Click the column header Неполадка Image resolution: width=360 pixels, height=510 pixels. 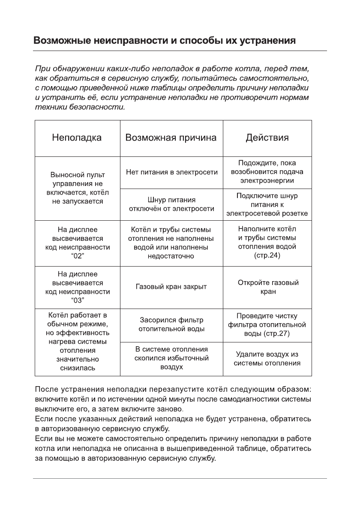click(x=77, y=138)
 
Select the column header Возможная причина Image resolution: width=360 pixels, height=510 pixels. click(x=171, y=138)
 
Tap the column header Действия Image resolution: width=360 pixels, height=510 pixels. click(x=267, y=138)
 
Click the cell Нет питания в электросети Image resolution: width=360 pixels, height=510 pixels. click(x=171, y=172)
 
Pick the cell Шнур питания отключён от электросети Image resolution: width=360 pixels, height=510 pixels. click(x=171, y=204)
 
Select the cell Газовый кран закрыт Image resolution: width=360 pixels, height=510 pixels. click(x=171, y=287)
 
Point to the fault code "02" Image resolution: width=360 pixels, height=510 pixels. click(x=78, y=256)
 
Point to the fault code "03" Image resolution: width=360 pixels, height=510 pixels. click(x=78, y=300)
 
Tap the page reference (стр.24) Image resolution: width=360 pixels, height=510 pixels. click(x=267, y=256)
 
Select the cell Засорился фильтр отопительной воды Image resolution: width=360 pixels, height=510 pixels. click(x=171, y=324)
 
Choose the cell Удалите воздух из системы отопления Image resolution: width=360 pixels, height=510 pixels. click(x=267, y=359)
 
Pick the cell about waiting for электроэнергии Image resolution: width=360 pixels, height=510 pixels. click(x=267, y=172)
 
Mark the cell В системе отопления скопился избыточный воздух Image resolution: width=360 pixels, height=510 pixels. click(x=171, y=358)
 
